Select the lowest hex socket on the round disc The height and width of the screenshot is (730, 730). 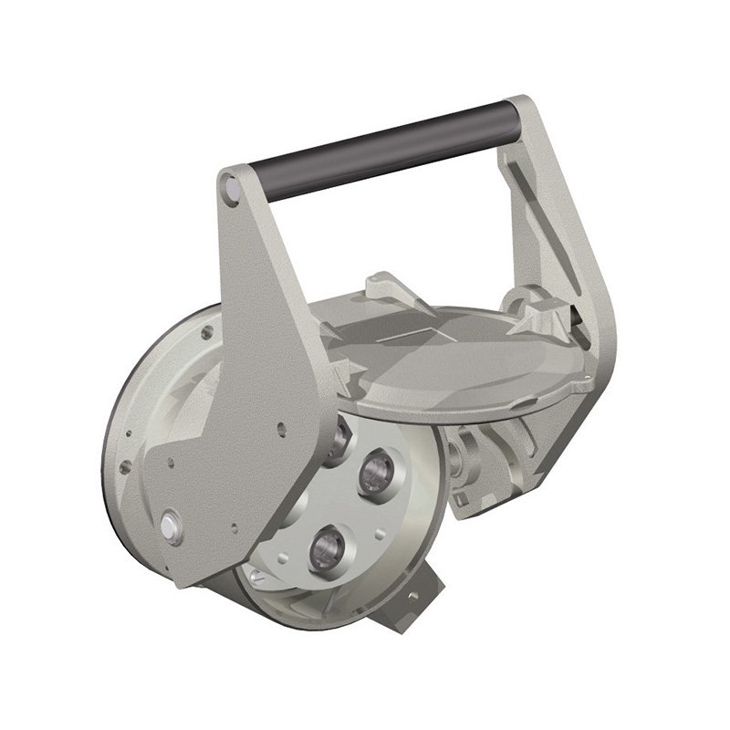[x=325, y=547]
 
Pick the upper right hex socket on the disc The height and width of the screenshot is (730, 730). [x=375, y=470]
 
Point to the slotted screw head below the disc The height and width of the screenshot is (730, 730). [x=258, y=575]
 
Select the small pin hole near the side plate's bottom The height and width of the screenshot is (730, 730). [x=235, y=527]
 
